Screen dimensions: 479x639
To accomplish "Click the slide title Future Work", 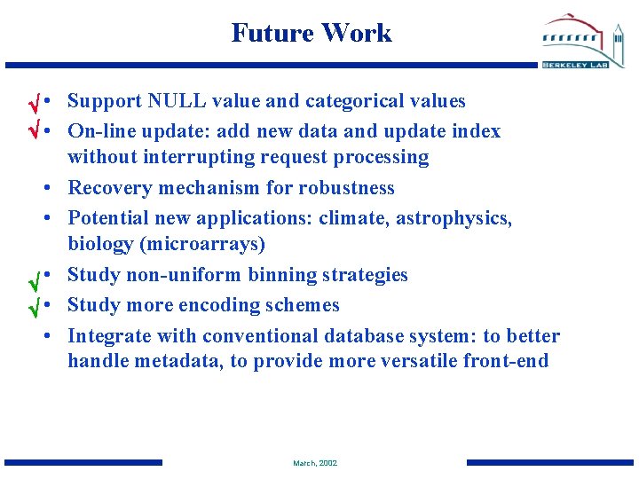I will (311, 33).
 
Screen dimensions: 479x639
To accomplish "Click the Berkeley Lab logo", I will (582, 42).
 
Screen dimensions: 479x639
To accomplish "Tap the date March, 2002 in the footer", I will (315, 463).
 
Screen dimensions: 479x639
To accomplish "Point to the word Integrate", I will (110, 336).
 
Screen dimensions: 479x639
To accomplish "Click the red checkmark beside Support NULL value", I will (31, 102).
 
